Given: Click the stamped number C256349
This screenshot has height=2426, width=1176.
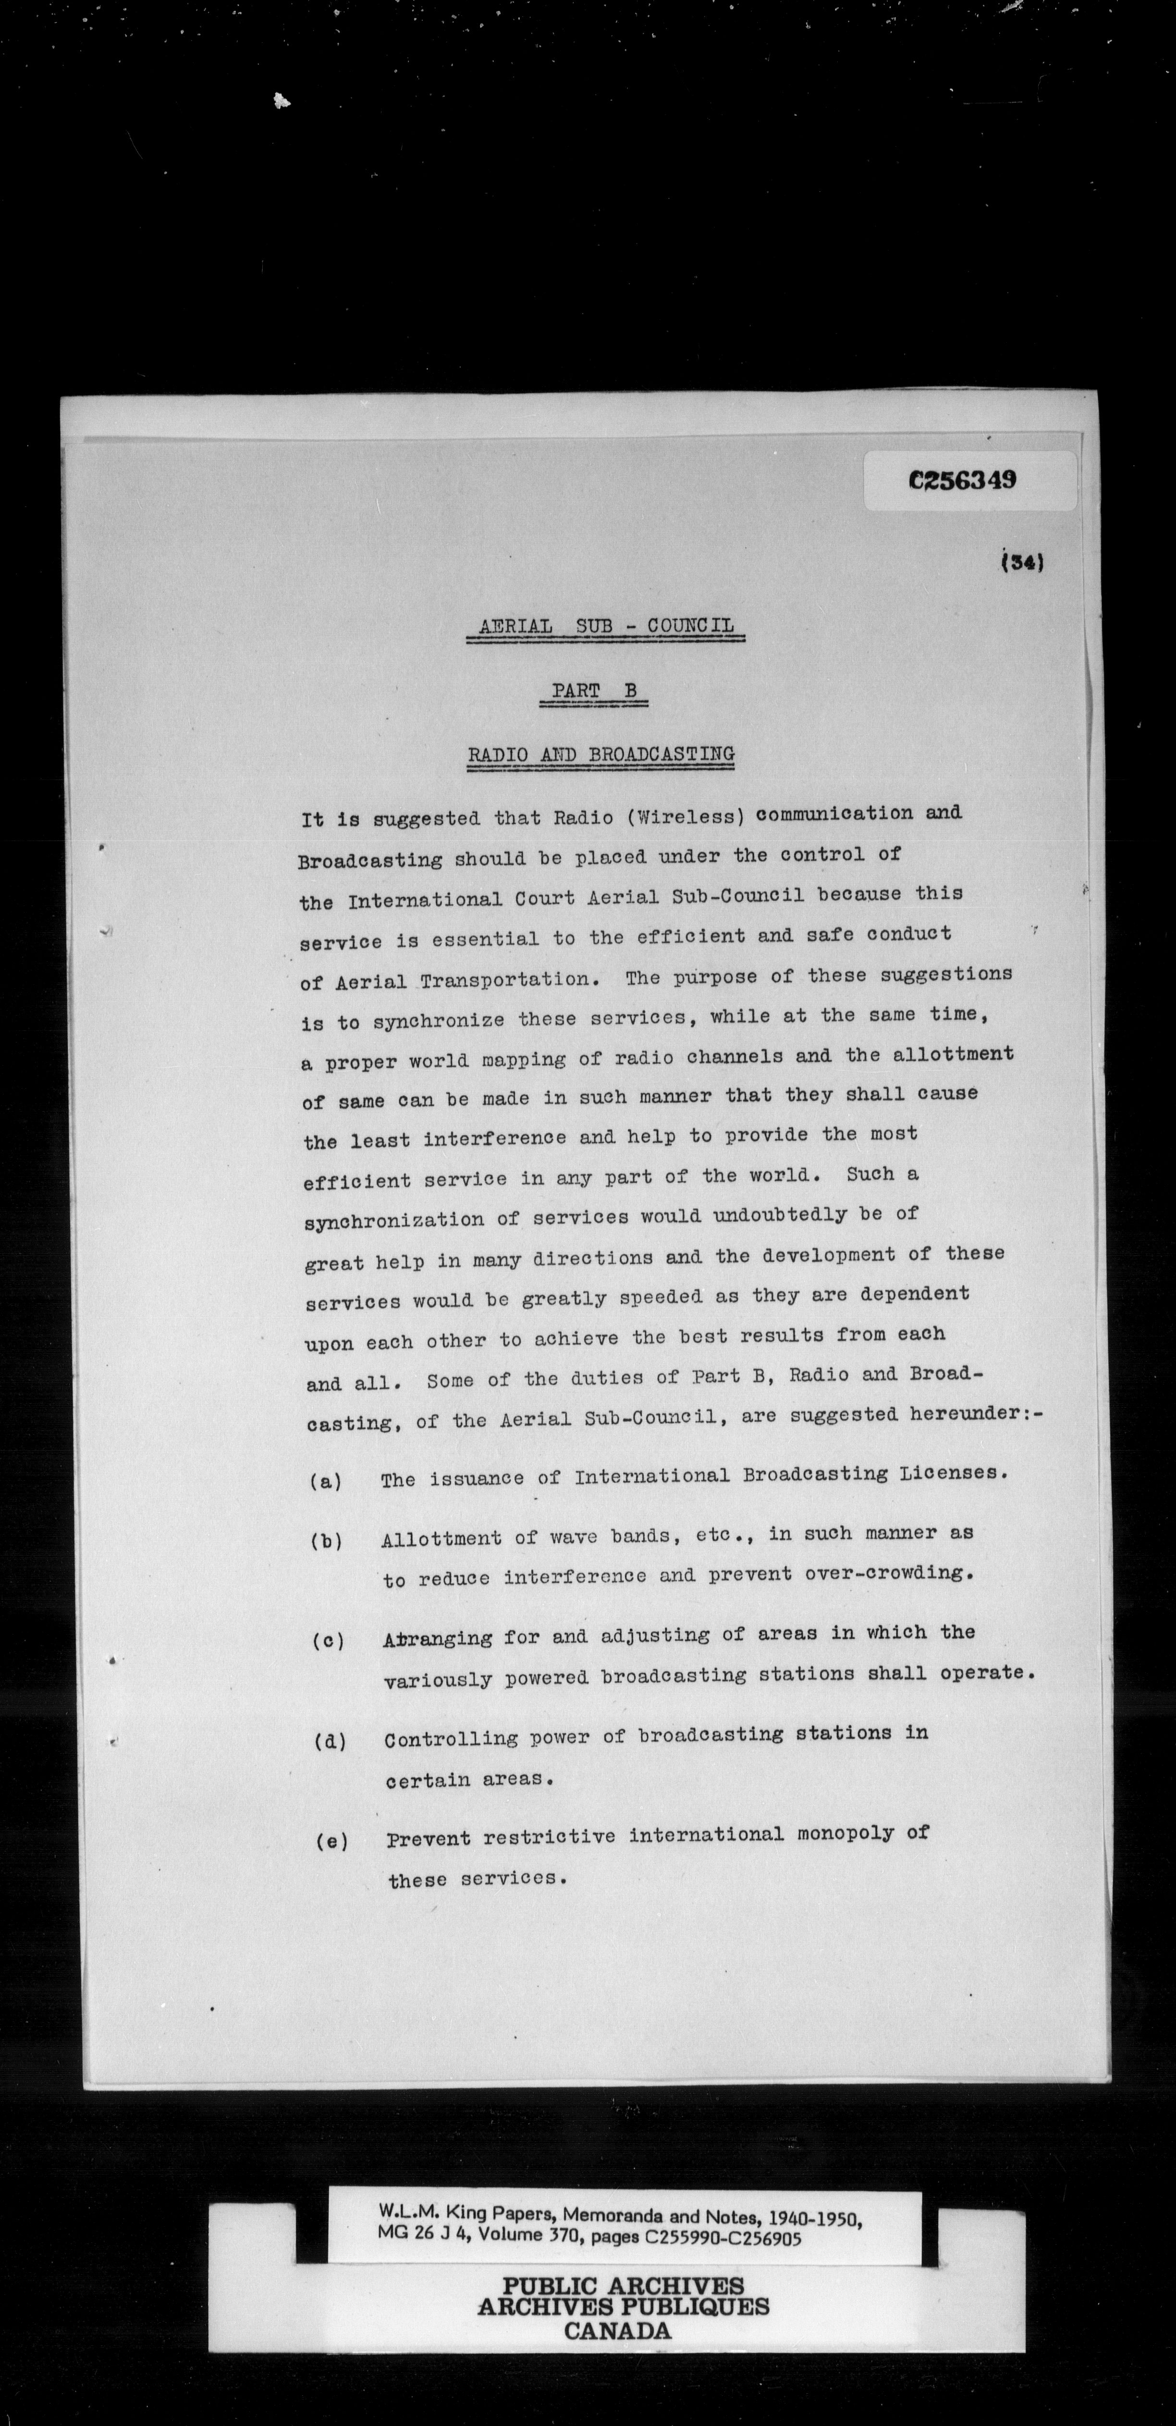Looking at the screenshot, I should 962,480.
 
